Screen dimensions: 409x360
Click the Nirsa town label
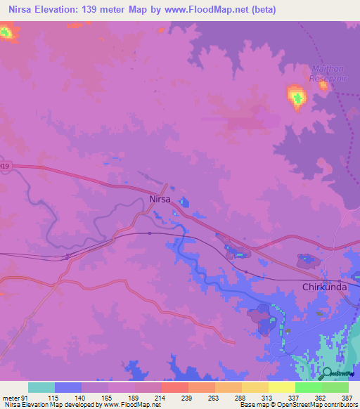tap(161, 199)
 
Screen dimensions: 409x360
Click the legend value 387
tap(347, 397)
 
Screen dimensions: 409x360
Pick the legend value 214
tap(160, 397)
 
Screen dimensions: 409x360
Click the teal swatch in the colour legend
tap(41, 387)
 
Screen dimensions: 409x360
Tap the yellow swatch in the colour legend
tap(281, 387)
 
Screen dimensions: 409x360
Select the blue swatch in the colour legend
tap(68, 387)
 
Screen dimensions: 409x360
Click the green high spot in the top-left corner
tap(6, 32)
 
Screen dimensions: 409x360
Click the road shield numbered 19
tap(5, 166)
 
